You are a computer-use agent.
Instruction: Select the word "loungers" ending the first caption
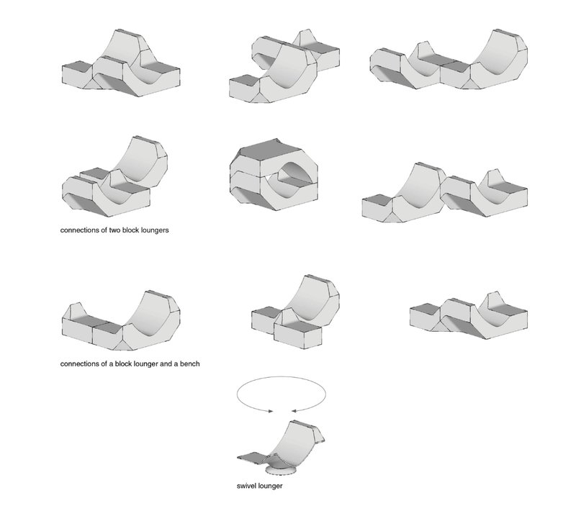point(154,232)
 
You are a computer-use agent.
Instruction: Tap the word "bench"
point(189,363)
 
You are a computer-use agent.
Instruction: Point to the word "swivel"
point(247,486)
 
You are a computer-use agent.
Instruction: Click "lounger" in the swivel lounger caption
point(270,486)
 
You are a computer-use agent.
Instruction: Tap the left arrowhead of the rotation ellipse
point(271,412)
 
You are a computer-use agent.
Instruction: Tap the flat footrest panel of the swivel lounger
point(256,455)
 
